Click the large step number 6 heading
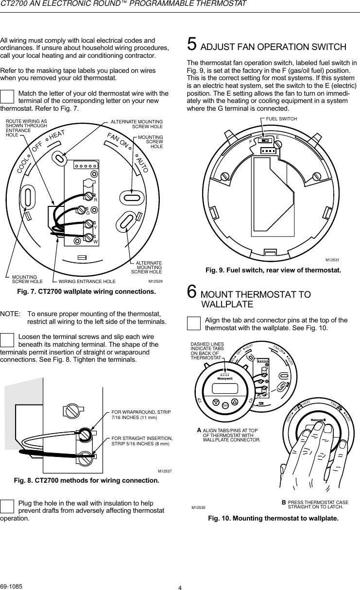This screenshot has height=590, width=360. click(x=192, y=293)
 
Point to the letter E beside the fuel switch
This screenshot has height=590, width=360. click(x=277, y=137)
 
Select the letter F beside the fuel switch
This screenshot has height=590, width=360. click(x=251, y=142)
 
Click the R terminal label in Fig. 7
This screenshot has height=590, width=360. click(x=96, y=200)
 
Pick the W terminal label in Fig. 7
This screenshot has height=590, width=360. click(x=96, y=241)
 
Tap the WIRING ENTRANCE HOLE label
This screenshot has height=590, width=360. click(x=87, y=281)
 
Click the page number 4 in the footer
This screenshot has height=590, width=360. click(x=180, y=588)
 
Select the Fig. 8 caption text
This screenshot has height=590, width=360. click(x=86, y=481)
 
